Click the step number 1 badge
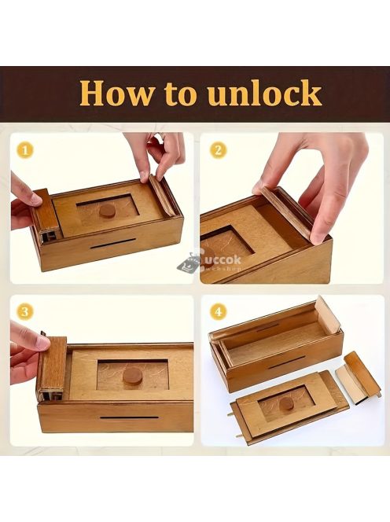coord(28,149)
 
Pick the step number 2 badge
coord(218,149)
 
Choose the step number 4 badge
coord(218,312)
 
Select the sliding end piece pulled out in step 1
coord(45,210)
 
